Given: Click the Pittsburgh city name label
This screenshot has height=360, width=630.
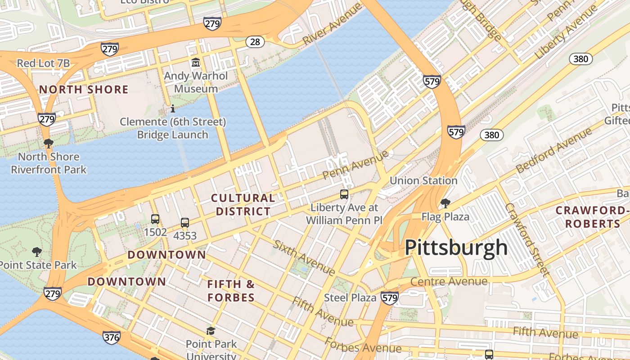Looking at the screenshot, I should click(x=456, y=247).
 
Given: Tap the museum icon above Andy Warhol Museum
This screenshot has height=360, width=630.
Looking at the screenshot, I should click(x=196, y=62).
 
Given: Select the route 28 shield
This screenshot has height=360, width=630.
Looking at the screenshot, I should click(x=255, y=42).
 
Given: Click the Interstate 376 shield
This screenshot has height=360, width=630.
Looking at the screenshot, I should click(x=111, y=337).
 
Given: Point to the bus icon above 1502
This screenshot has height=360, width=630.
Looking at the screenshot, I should click(x=155, y=219).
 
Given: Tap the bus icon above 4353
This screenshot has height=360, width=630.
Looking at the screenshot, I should click(x=184, y=222).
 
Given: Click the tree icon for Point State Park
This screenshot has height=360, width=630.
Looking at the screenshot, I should click(x=37, y=252).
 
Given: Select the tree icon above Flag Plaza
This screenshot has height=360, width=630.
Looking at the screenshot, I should click(x=445, y=203).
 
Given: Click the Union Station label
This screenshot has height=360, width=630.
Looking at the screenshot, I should click(x=423, y=181).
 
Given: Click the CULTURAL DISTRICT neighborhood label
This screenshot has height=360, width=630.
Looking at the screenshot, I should click(x=243, y=205).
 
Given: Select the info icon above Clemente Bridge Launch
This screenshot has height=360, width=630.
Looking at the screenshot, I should click(x=172, y=108).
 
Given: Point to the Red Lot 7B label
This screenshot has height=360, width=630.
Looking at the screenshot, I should click(x=43, y=63).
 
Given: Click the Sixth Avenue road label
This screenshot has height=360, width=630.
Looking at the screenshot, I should click(x=304, y=258).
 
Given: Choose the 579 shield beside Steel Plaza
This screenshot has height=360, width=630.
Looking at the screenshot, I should click(x=389, y=298).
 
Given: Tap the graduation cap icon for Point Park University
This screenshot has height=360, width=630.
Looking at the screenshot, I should click(x=211, y=331).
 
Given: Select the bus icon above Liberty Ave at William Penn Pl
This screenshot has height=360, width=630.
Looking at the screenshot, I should click(x=344, y=194).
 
